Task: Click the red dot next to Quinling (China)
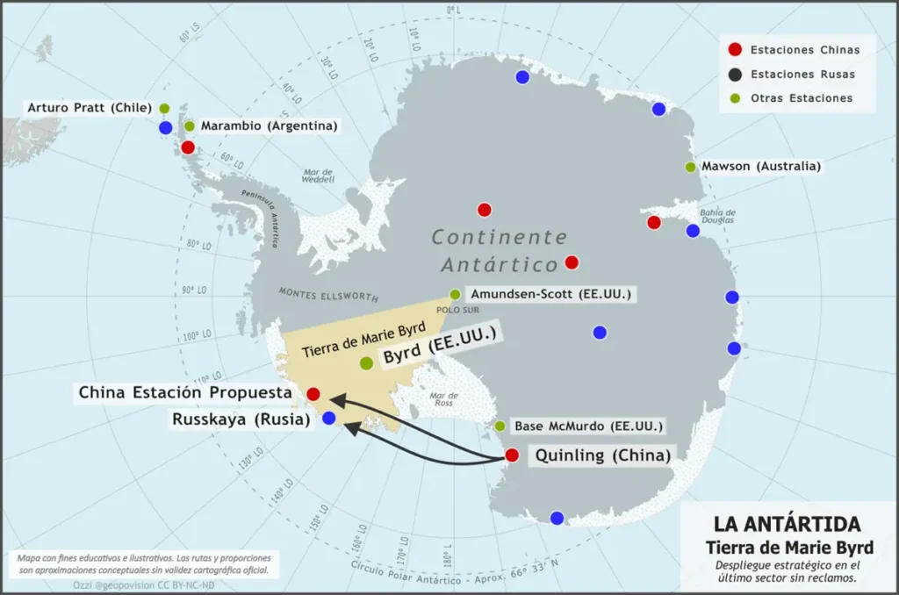pyautogui.click(x=512, y=455)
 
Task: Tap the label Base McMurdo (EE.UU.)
pyautogui.click(x=588, y=427)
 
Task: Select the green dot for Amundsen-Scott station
pyautogui.click(x=455, y=294)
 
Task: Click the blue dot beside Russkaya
pyautogui.click(x=328, y=418)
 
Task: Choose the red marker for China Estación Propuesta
pyautogui.click(x=313, y=394)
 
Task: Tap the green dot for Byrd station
pyautogui.click(x=366, y=362)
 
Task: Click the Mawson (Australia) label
pyautogui.click(x=761, y=166)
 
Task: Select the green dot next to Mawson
pyautogui.click(x=690, y=167)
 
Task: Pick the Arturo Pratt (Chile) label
pyautogui.click(x=88, y=108)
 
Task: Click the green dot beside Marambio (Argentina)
pyautogui.click(x=190, y=125)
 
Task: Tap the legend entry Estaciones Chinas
pyautogui.click(x=804, y=50)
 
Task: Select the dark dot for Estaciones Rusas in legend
pyautogui.click(x=735, y=75)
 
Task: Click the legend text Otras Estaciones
pyautogui.click(x=802, y=98)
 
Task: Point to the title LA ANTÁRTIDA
pyautogui.click(x=787, y=524)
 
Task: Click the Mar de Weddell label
pyautogui.click(x=318, y=176)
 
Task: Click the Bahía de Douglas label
pyautogui.click(x=717, y=216)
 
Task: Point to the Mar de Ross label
pyautogui.click(x=444, y=399)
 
